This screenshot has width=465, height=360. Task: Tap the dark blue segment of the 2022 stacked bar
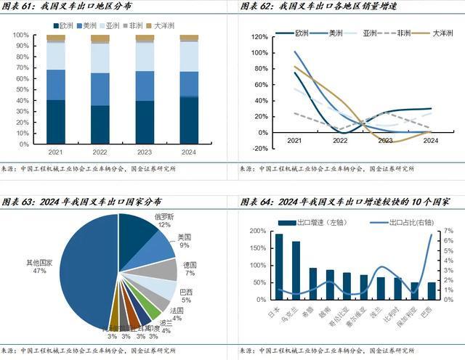100,124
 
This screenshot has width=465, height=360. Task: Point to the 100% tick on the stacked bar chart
21,35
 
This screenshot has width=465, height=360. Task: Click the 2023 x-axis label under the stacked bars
145,152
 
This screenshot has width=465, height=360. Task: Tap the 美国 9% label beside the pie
185,241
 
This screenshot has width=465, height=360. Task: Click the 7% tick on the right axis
449,231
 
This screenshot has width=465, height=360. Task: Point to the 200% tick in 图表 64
256,231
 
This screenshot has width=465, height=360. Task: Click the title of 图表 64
355,201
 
